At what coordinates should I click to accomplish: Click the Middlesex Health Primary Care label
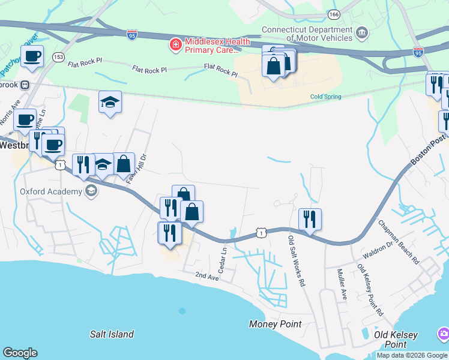click(x=221, y=47)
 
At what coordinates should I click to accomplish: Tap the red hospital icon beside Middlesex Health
click(x=175, y=44)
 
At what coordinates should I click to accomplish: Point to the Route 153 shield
click(x=58, y=57)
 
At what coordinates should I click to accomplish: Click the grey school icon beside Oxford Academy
click(x=91, y=191)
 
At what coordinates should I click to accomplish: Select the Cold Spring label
click(x=325, y=97)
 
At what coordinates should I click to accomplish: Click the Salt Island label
click(x=112, y=334)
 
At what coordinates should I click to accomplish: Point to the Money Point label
click(x=275, y=324)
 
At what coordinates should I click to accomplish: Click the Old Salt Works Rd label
click(x=297, y=261)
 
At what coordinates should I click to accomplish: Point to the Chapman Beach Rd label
click(x=398, y=241)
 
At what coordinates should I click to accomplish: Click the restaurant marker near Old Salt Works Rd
click(x=310, y=219)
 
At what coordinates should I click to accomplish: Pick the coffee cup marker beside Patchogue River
click(x=32, y=57)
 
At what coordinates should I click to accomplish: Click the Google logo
click(x=20, y=353)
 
